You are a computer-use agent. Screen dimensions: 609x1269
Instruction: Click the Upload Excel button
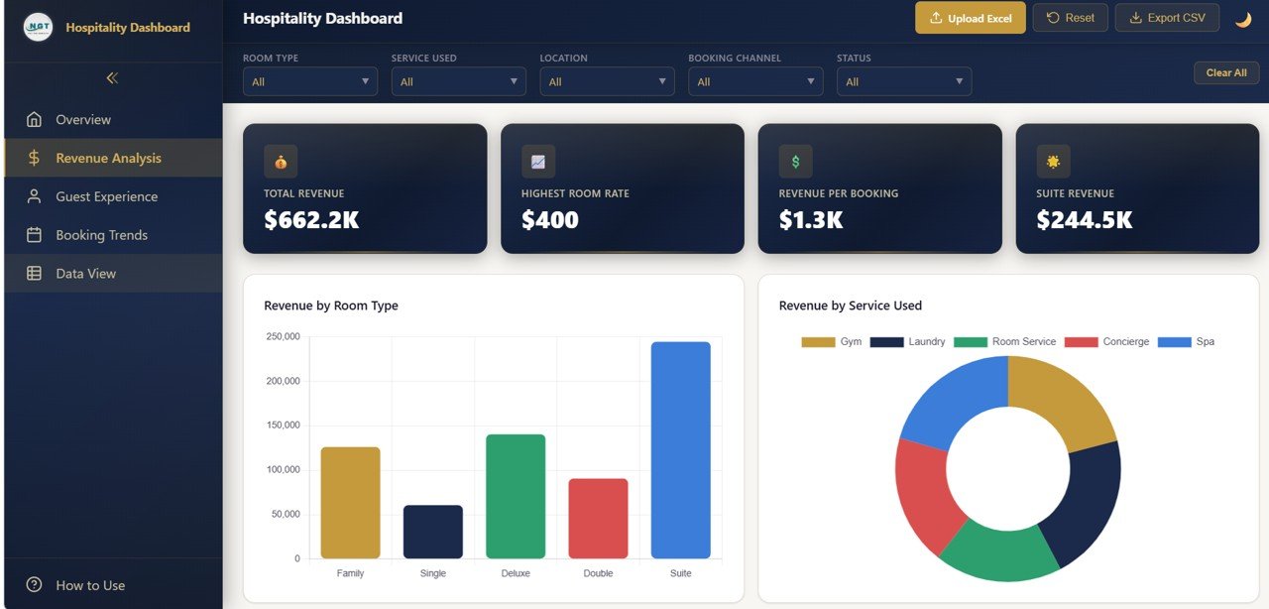(970, 18)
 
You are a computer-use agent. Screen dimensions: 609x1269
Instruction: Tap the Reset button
(1070, 18)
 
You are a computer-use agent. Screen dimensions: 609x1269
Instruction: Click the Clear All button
(1225, 72)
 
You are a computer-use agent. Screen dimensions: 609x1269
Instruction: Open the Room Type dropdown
(309, 81)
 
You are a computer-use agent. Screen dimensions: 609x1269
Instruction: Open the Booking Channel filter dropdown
(755, 81)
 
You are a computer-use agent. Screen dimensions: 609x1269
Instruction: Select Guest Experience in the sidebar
(106, 196)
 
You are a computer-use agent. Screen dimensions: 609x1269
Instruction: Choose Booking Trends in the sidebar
(101, 235)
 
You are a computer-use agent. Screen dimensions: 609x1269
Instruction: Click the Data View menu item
(85, 274)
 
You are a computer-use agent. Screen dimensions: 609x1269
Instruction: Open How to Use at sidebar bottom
(89, 585)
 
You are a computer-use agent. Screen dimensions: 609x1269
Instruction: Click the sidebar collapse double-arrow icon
(112, 77)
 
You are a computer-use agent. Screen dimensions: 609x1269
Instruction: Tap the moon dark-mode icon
(1242, 19)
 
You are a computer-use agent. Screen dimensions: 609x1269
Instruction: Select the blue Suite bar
(680, 450)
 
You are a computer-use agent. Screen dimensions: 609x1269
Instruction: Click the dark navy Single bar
(432, 533)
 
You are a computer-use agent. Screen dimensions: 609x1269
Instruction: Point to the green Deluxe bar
(516, 496)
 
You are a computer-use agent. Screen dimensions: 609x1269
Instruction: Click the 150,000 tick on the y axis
(284, 426)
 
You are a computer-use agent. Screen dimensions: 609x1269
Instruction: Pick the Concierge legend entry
(1107, 342)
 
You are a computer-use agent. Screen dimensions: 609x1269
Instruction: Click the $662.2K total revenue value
(311, 220)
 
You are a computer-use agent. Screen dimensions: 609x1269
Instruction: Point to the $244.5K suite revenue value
(1084, 220)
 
